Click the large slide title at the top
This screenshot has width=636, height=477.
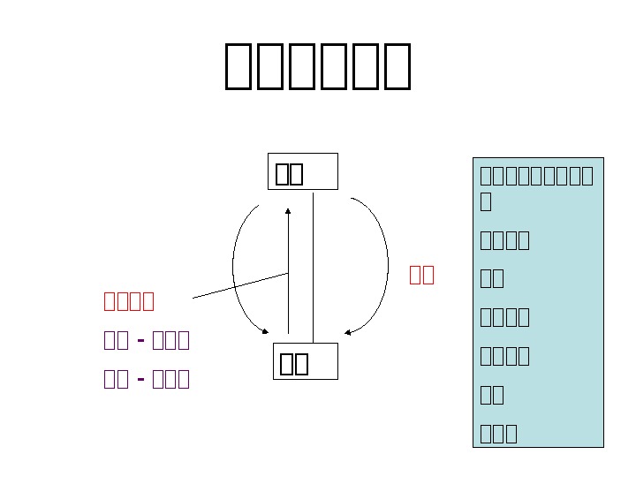[x=318, y=66]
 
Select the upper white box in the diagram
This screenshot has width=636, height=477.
[x=302, y=171]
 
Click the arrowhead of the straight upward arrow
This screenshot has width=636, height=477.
[x=288, y=211]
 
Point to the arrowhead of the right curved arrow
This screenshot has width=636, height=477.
[x=349, y=332]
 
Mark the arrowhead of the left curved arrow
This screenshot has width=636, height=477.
[x=265, y=331]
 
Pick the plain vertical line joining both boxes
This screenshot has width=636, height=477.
[x=314, y=265]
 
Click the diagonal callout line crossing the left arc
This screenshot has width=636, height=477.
[x=238, y=285]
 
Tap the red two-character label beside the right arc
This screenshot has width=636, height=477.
[x=421, y=275]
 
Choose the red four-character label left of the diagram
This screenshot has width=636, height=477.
[x=129, y=301]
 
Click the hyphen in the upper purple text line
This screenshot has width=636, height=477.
[x=141, y=341]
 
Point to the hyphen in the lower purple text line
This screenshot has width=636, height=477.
[x=141, y=380]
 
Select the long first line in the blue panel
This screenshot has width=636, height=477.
[x=536, y=175]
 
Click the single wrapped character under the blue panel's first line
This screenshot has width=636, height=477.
[x=485, y=201]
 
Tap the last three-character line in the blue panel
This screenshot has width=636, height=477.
[x=498, y=433]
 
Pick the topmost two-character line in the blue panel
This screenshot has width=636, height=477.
[x=492, y=278]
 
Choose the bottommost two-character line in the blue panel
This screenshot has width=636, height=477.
[x=492, y=395]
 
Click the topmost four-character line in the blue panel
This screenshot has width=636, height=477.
[x=504, y=239]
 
